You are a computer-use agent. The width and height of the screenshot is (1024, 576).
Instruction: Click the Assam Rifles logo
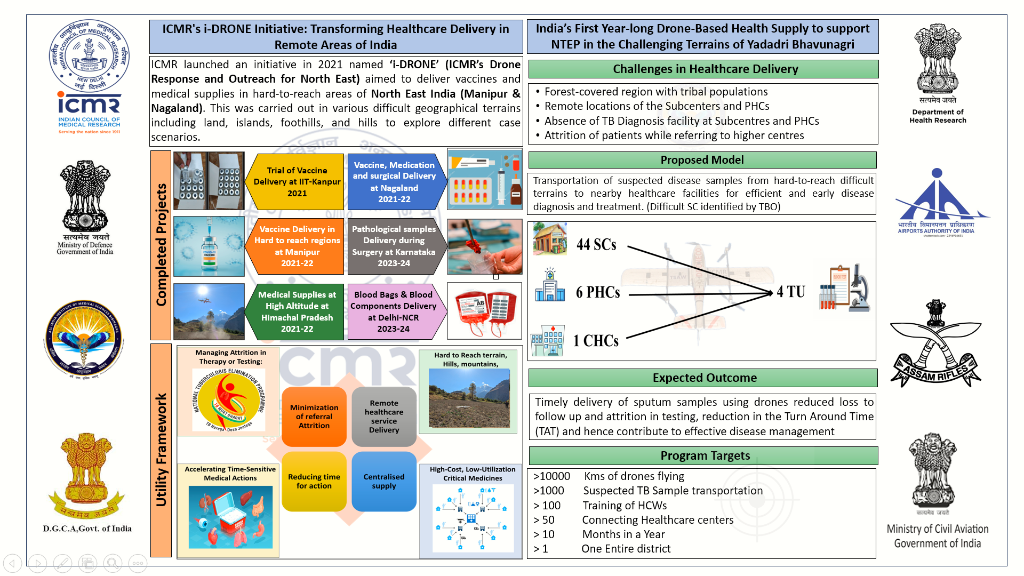936,344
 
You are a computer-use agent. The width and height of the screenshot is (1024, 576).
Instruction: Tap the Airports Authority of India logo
937,202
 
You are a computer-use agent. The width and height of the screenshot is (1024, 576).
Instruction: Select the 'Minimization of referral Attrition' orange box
314,417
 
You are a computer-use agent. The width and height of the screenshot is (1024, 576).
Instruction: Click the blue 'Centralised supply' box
384,481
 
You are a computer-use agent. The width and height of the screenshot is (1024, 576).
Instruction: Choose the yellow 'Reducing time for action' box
314,481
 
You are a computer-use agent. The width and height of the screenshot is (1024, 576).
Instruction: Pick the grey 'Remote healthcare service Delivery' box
384,417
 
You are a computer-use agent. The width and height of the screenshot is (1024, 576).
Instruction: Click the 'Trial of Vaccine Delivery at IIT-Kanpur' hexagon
297,182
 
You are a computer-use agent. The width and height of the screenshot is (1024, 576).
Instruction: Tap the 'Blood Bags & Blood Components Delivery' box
394,311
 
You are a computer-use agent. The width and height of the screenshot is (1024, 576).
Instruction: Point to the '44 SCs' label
596,245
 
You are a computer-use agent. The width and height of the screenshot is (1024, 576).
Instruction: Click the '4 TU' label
791,292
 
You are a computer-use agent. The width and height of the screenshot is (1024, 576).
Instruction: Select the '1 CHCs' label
596,341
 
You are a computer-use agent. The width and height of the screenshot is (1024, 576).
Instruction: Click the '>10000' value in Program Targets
552,476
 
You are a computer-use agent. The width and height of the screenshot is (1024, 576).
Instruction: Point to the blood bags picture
484,311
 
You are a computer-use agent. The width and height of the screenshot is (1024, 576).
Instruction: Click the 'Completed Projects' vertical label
161,245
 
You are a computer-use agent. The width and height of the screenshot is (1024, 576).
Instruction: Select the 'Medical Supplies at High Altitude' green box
297,311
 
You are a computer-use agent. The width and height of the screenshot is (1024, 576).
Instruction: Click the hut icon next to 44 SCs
550,239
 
